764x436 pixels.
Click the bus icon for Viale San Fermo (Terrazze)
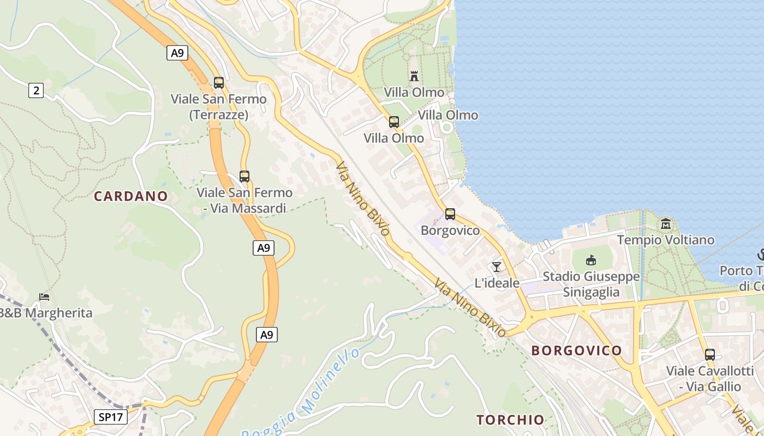pos(219,83)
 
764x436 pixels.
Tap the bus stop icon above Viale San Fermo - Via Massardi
pos(244,177)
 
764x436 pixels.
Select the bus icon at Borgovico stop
pos(450,214)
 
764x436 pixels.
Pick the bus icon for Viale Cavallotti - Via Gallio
pos(709,355)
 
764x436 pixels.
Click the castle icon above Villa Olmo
pos(414,76)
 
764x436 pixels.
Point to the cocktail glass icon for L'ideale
pos(496,267)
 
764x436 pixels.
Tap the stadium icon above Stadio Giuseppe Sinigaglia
pos(590,261)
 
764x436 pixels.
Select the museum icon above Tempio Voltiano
pos(665,223)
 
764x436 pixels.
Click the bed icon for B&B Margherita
pos(44,297)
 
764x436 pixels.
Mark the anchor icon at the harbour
pos(761,255)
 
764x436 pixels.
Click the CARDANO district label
pos(130,196)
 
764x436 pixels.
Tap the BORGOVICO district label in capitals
pos(576,350)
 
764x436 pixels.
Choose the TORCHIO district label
pos(510,420)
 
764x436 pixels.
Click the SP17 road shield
pos(110,417)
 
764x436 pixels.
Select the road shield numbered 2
pos(36,90)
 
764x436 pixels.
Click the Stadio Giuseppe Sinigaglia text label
pos(591,284)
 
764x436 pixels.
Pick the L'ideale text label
pos(497,283)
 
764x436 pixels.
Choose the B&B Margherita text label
pos(46,313)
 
